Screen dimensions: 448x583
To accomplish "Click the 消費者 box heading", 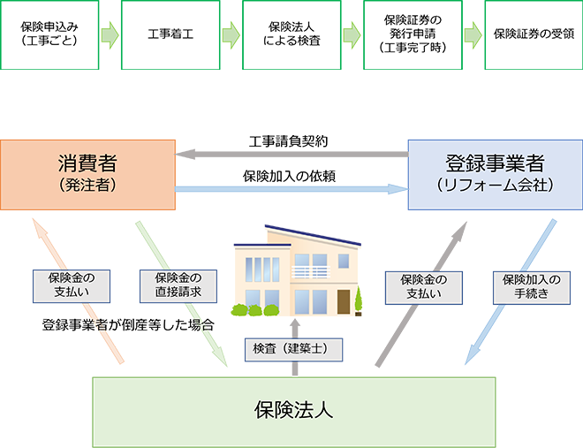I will [86, 163].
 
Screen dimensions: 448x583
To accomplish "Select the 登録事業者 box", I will [489, 172].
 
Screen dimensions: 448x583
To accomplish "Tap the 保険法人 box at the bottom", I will [292, 411].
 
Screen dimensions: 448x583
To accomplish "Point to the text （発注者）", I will [86, 186].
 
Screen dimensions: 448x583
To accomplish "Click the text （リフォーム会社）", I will [489, 186].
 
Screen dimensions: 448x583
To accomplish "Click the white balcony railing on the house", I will [312, 272].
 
